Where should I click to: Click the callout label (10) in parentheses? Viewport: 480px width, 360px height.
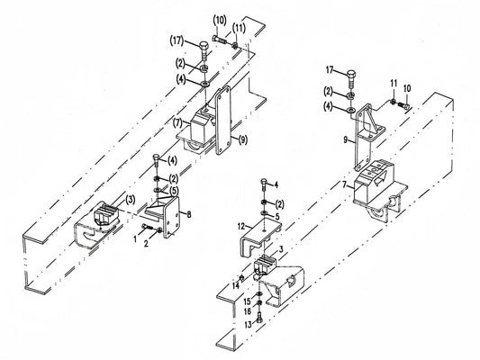pyautogui.click(x=220, y=21)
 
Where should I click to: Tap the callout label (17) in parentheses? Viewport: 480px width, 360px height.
pyautogui.click(x=177, y=41)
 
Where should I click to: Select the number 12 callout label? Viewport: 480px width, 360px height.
pyautogui.click(x=241, y=227)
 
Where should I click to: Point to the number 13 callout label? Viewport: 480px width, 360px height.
pyautogui.click(x=248, y=325)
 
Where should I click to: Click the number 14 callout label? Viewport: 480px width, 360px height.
pyautogui.click(x=235, y=286)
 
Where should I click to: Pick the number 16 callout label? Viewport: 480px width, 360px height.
pyautogui.click(x=248, y=311)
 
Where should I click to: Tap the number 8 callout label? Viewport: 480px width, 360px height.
pyautogui.click(x=189, y=214)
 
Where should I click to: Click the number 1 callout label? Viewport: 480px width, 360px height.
pyautogui.click(x=135, y=239)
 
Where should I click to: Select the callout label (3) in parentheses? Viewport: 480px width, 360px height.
pyautogui.click(x=130, y=201)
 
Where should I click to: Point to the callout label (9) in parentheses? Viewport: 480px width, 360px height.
pyautogui.click(x=242, y=140)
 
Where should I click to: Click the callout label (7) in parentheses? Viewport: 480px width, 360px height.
pyautogui.click(x=177, y=123)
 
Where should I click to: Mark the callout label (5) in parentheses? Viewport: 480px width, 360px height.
pyautogui.click(x=173, y=191)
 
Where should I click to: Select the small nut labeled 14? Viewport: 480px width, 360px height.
pyautogui.click(x=241, y=278)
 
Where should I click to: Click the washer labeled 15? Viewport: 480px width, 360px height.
pyautogui.click(x=259, y=294)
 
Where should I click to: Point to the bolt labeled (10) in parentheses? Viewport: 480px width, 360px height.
pyautogui.click(x=219, y=40)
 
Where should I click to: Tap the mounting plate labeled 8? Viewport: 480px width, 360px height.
pyautogui.click(x=171, y=217)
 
